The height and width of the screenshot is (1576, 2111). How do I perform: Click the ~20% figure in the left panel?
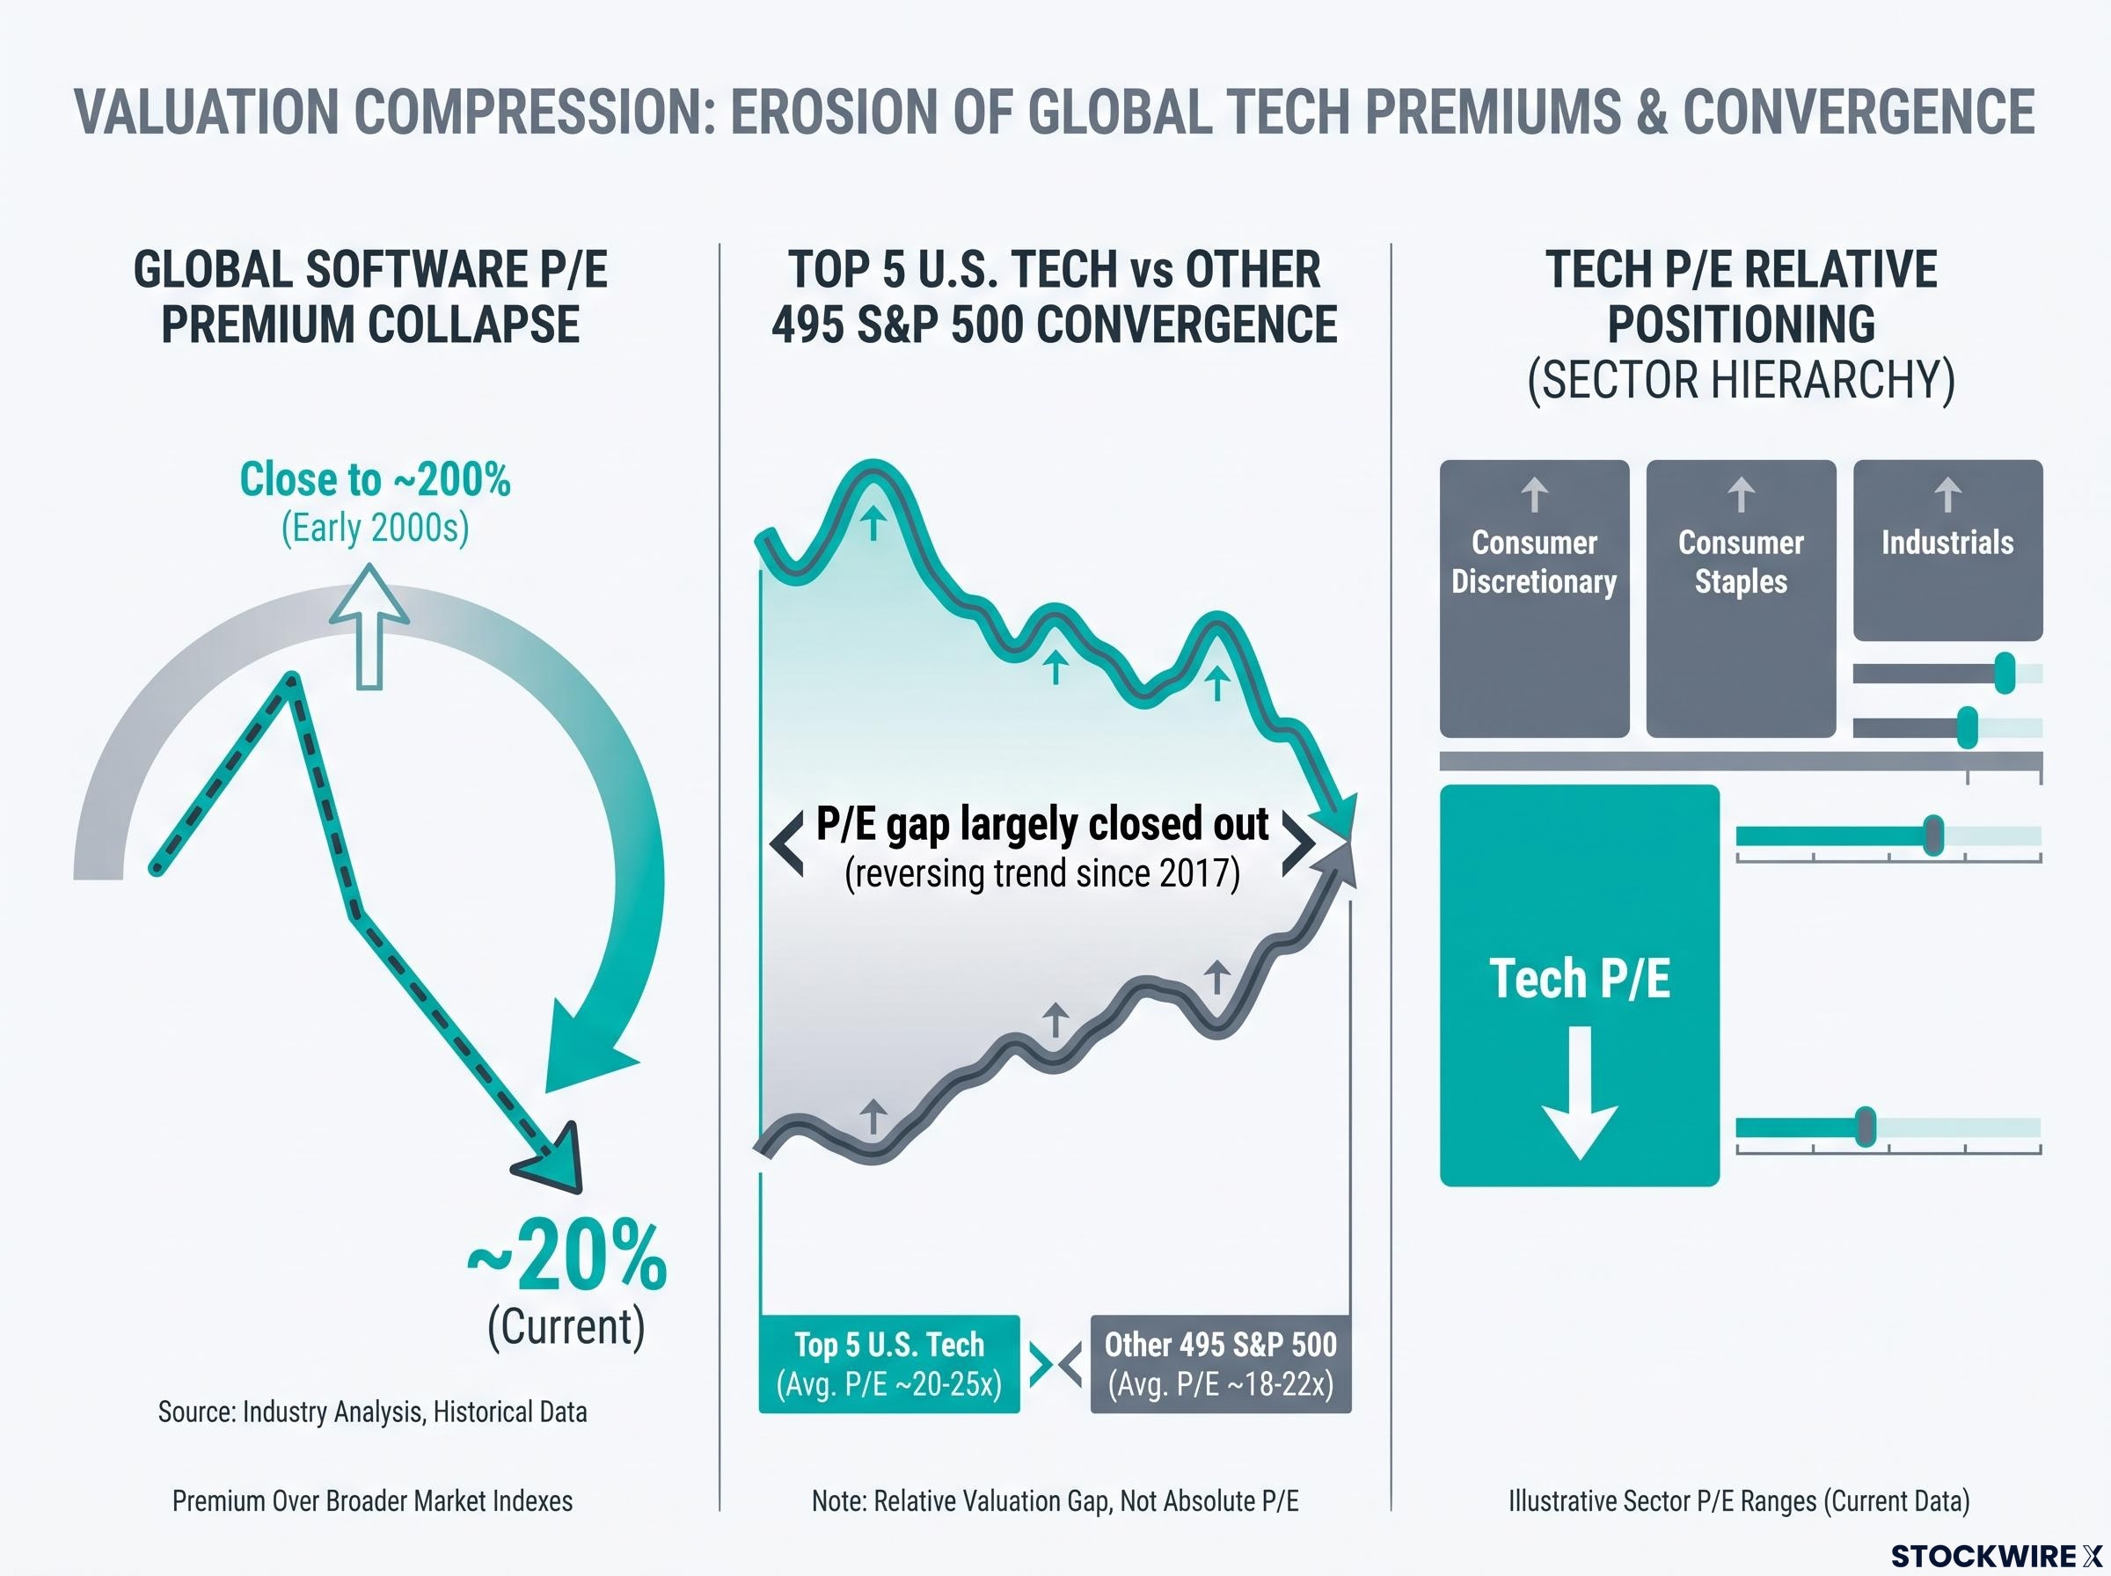click(x=566, y=1257)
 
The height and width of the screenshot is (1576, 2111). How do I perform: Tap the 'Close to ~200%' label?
click(x=375, y=479)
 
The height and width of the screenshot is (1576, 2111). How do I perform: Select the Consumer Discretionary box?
click(x=1534, y=598)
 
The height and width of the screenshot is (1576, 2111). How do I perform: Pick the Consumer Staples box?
click(x=1741, y=598)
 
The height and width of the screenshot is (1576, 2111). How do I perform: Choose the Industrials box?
click(x=1948, y=550)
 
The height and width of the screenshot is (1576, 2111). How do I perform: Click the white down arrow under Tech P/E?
click(x=1580, y=1092)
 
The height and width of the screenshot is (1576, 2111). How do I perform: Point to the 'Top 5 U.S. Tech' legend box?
click(x=889, y=1363)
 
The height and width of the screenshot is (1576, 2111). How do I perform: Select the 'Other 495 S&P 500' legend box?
click(x=1221, y=1363)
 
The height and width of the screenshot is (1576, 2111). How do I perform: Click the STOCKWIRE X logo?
click(x=1998, y=1556)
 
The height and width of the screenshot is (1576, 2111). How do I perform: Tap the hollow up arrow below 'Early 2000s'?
click(x=369, y=626)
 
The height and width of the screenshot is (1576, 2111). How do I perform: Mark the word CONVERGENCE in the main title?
click(x=1859, y=111)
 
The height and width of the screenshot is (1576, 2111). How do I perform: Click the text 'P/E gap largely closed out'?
click(x=1042, y=823)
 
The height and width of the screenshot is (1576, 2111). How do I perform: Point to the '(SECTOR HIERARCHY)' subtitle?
click(x=1741, y=380)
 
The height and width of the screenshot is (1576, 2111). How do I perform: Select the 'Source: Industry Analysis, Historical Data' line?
click(x=373, y=1411)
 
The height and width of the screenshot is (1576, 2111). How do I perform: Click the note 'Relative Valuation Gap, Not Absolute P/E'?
click(x=1086, y=1500)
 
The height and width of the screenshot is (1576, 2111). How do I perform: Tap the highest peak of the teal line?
click(x=873, y=466)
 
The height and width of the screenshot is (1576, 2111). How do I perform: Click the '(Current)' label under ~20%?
click(x=566, y=1326)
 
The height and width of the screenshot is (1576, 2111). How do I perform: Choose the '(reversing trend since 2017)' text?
click(x=1042, y=873)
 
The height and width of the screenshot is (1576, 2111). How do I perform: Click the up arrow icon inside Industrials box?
click(x=1948, y=495)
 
